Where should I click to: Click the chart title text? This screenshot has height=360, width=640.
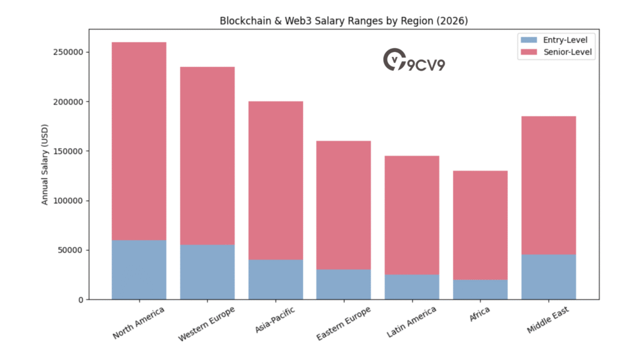pyautogui.click(x=344, y=21)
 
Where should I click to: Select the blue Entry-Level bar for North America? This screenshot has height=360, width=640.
pyautogui.click(x=139, y=269)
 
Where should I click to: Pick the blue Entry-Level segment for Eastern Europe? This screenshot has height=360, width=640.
pyautogui.click(x=344, y=284)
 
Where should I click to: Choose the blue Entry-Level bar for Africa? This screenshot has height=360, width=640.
pyautogui.click(x=480, y=289)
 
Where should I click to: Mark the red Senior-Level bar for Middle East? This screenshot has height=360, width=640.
pyautogui.click(x=548, y=185)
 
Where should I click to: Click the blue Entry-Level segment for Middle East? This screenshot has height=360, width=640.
pyautogui.click(x=548, y=277)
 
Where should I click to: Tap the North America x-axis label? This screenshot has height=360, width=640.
pyautogui.click(x=139, y=322)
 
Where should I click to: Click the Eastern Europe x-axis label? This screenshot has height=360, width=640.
pyautogui.click(x=343, y=323)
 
